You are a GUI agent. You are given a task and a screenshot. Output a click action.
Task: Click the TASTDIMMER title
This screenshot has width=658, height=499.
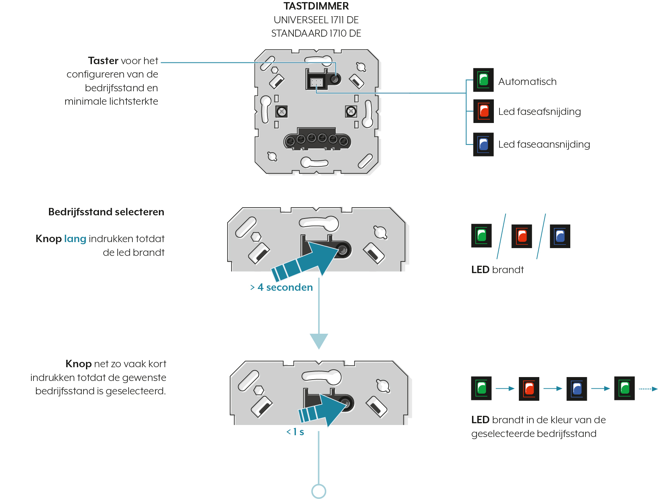[316, 6]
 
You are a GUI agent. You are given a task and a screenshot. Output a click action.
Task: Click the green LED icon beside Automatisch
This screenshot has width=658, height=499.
[483, 80]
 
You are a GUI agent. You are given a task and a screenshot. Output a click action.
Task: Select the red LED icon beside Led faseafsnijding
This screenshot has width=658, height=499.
[483, 111]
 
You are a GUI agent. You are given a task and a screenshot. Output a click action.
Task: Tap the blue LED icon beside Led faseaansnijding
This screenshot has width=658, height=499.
[483, 144]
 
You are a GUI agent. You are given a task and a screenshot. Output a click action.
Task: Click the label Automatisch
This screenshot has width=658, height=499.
[527, 81]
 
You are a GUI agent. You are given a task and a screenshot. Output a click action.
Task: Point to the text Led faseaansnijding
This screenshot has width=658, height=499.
[544, 144]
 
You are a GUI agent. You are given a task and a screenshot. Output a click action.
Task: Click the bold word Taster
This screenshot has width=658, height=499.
[103, 61]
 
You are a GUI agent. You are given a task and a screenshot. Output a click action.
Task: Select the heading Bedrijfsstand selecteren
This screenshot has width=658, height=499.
[106, 212]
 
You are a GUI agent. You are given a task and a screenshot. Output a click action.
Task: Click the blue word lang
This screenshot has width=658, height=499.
[75, 239]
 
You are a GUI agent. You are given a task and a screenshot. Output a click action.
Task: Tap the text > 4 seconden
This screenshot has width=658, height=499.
[281, 287]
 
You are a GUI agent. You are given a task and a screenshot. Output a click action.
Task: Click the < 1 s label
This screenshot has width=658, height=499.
[295, 432]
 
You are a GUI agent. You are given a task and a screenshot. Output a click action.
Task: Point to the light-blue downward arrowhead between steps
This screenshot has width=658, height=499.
[319, 341]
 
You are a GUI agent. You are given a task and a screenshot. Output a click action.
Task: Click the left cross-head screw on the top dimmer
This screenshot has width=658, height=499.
[281, 112]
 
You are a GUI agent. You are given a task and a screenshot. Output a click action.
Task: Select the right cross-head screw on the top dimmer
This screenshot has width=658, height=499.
[351, 112]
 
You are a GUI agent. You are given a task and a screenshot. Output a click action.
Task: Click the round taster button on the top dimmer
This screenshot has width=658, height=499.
[335, 79]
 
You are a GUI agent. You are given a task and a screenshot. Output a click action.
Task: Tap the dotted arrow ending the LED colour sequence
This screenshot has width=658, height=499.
[648, 389]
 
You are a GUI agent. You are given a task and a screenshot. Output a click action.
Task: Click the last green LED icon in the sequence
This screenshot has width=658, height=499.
[625, 388]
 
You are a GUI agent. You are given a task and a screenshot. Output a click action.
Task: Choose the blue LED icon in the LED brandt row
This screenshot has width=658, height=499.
[560, 236]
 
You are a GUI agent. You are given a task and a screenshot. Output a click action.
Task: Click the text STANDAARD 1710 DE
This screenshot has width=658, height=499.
[316, 33]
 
